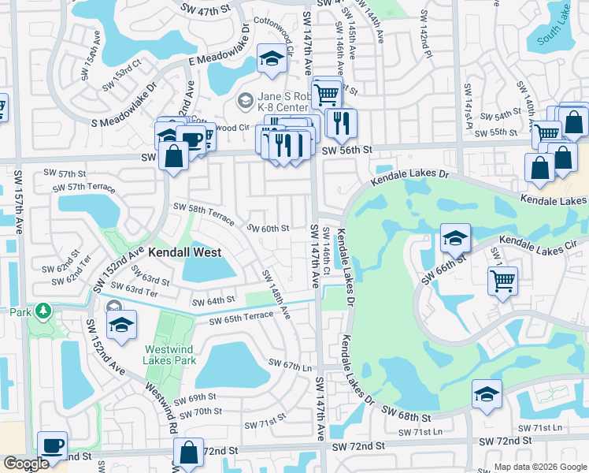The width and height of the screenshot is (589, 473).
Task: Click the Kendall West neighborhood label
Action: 183,252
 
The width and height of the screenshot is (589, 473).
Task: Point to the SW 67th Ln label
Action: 291,363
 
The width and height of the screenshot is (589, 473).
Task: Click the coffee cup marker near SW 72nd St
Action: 53,446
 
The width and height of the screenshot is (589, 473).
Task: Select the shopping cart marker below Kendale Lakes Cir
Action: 503,281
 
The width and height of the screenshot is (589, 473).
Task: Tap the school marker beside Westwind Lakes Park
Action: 121,325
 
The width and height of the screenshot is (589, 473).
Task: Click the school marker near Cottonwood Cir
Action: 272,58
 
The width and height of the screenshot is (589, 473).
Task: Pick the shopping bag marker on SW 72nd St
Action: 188,453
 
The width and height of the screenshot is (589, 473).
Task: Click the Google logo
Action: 26,464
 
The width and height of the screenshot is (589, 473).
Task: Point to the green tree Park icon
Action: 45,311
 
